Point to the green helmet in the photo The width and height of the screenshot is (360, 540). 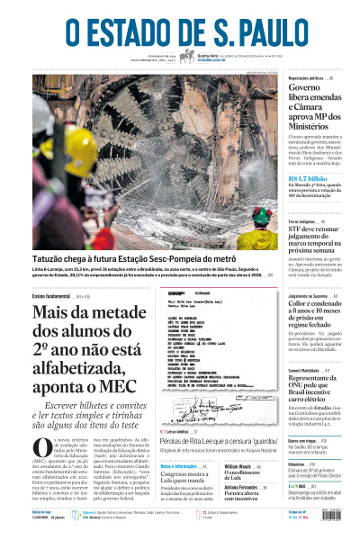point(261,215)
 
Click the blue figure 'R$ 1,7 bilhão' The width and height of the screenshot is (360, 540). point(310,179)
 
